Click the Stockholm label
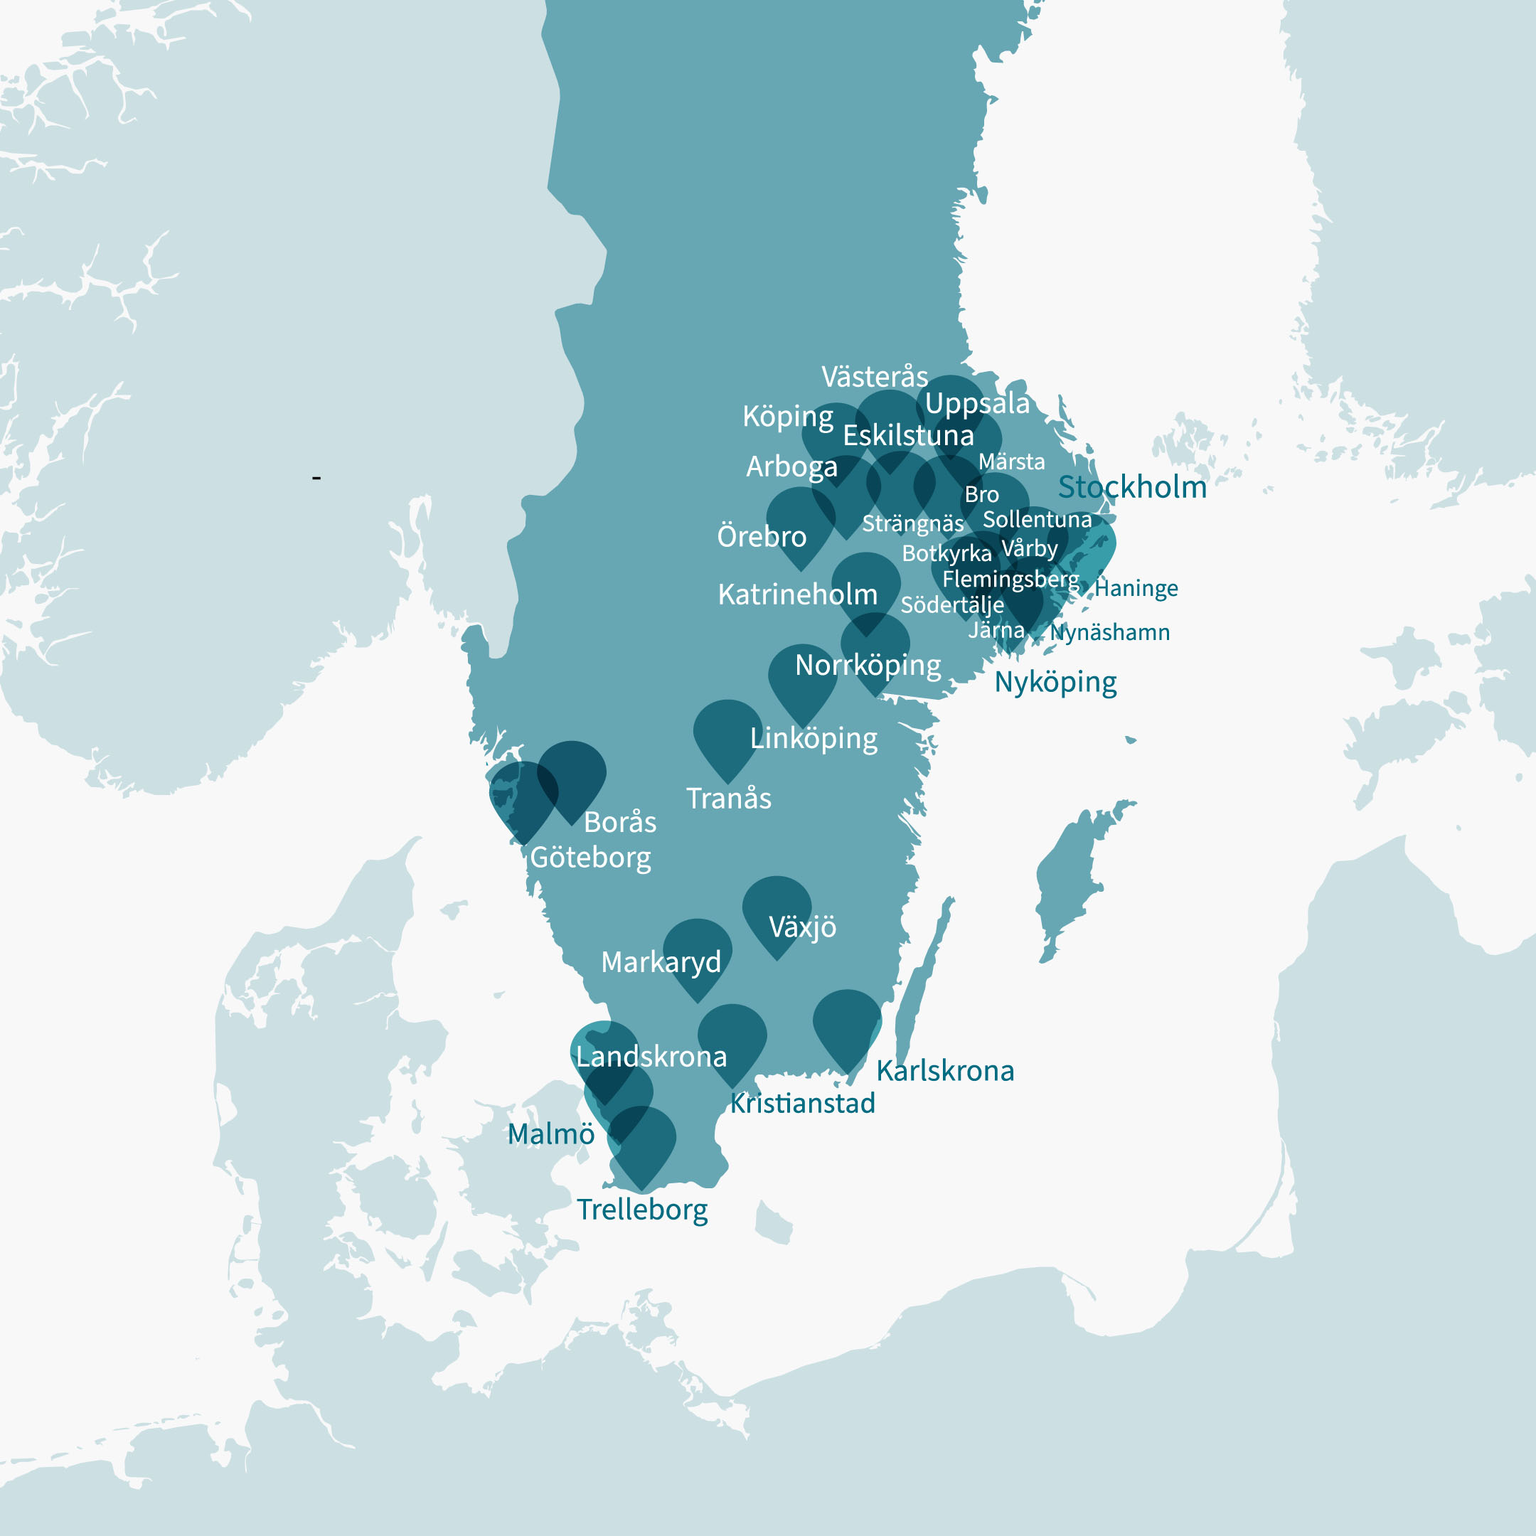(1131, 486)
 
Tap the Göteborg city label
(590, 857)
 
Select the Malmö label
(550, 1134)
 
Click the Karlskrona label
(944, 1071)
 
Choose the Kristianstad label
(802, 1104)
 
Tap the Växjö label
(802, 927)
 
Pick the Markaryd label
(661, 962)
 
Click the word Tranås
(728, 798)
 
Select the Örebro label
(761, 537)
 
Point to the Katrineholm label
(796, 594)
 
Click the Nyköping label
(1055, 682)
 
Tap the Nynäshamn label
(1109, 633)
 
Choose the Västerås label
(874, 376)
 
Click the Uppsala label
(977, 403)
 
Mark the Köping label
(787, 416)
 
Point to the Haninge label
(1136, 588)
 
